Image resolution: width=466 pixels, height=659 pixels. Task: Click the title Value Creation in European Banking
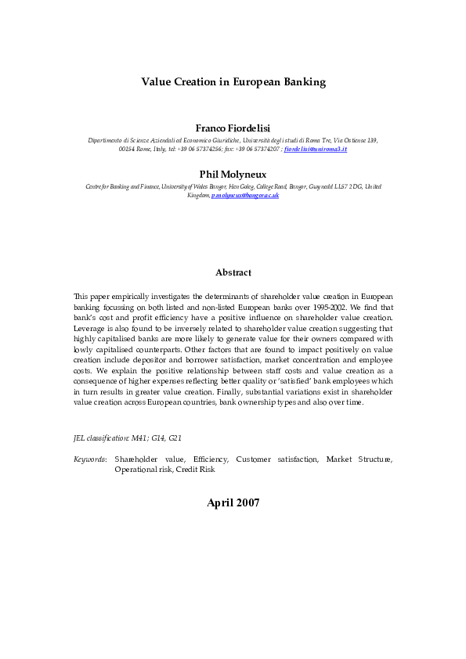tap(233, 81)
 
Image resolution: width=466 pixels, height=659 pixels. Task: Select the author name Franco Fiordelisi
tap(233, 128)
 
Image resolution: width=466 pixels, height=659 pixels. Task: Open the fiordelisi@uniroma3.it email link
tap(316, 148)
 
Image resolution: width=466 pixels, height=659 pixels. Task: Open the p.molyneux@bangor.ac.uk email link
tap(245, 195)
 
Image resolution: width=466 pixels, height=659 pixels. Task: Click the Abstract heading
tap(233, 273)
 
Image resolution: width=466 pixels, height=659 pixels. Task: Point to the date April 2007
tap(233, 503)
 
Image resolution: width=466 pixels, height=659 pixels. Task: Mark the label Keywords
tap(89, 459)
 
